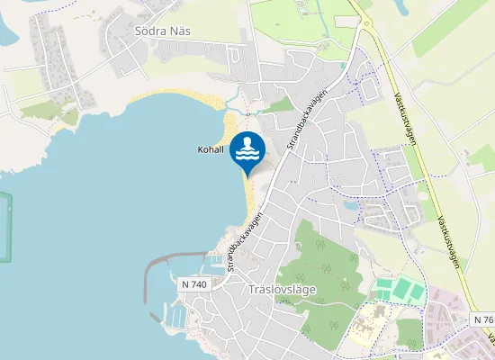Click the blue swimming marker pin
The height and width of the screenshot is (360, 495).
click(247, 151)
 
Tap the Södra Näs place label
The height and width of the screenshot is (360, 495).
click(163, 31)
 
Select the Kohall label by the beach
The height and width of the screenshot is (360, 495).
click(211, 149)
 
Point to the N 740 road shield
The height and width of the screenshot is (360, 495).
click(193, 284)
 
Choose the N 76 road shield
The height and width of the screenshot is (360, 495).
click(481, 320)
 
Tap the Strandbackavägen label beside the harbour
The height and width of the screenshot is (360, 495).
click(246, 242)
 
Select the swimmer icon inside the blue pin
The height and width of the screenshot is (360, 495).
click(247, 148)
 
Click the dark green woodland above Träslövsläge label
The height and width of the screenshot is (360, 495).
click(324, 261)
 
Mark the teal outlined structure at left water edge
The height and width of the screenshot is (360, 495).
click(7, 225)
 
